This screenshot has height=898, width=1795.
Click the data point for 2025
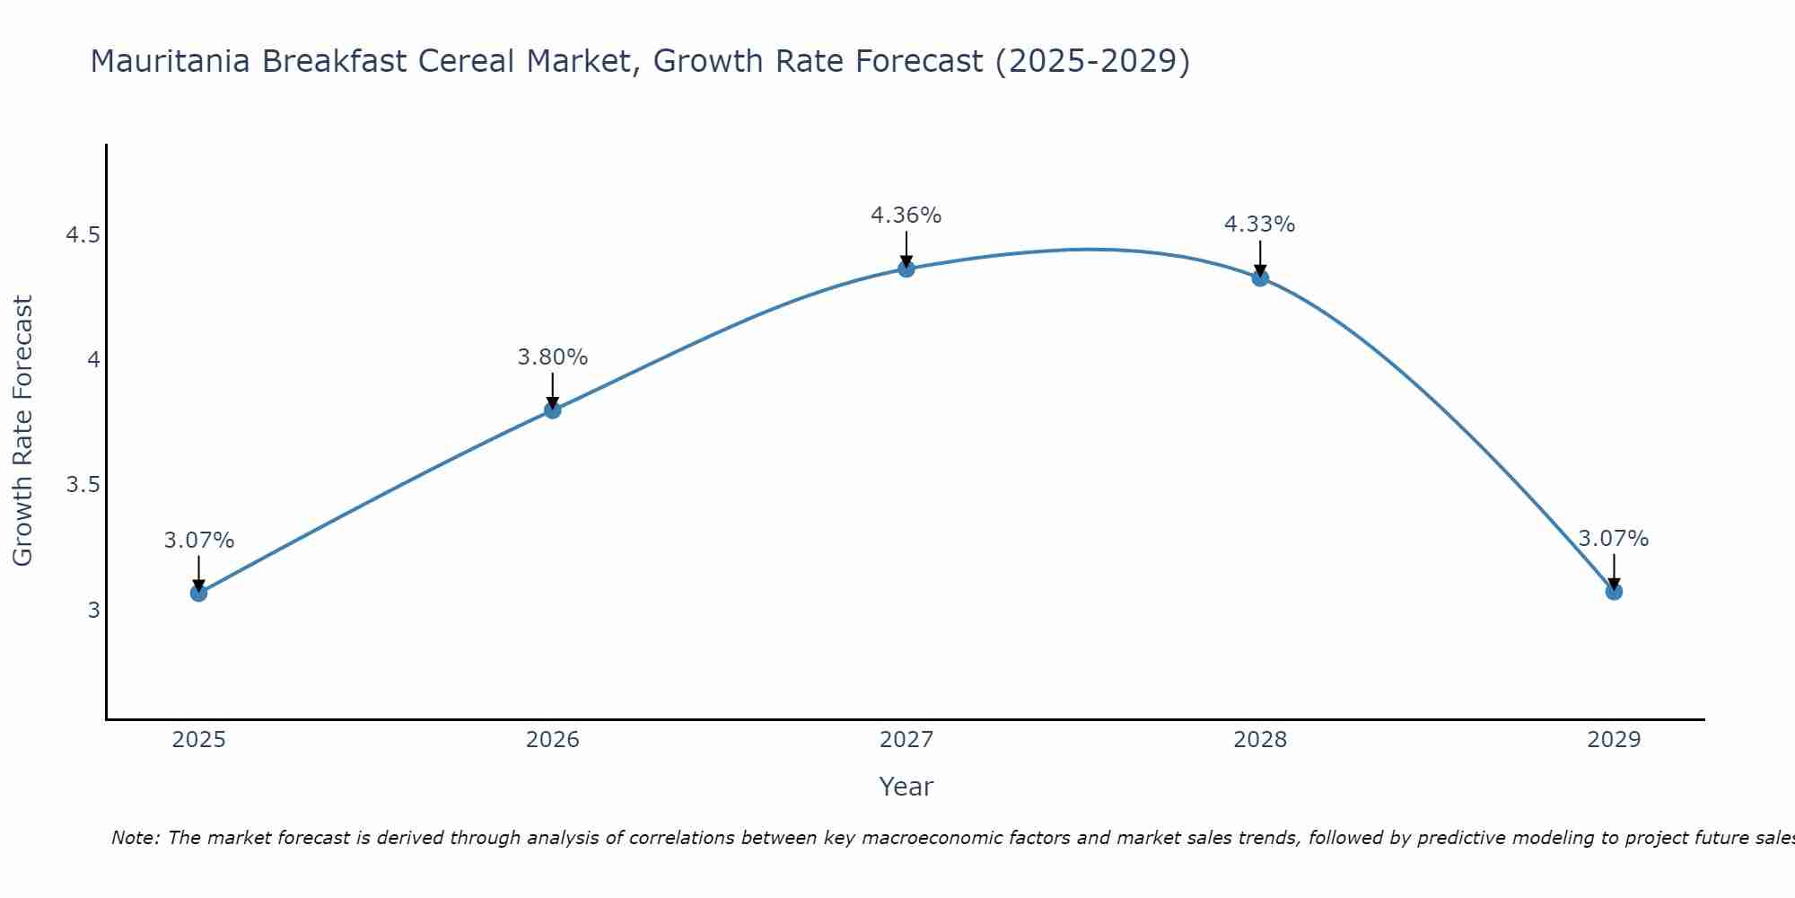point(198,593)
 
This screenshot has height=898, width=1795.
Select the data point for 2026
point(552,410)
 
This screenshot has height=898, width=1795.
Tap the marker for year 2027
point(906,269)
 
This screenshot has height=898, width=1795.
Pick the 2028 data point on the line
point(1260,277)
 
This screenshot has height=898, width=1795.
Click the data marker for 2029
point(1614,591)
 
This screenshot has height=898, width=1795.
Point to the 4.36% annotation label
point(906,216)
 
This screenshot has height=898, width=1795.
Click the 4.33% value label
point(1259,224)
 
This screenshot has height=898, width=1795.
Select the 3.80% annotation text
point(552,357)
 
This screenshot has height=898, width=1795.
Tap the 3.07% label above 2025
point(198,541)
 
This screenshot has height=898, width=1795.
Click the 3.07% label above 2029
point(1613,539)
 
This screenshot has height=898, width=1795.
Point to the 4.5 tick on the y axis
point(83,236)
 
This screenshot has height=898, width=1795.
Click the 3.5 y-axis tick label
point(83,486)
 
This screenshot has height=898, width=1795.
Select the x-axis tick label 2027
point(906,740)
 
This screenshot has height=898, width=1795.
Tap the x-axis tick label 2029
point(1614,740)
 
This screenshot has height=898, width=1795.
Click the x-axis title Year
point(906,787)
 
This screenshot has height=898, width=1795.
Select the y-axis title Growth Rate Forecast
point(22,430)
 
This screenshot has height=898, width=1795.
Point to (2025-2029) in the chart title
point(1092,61)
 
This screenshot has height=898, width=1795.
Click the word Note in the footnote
point(134,838)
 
